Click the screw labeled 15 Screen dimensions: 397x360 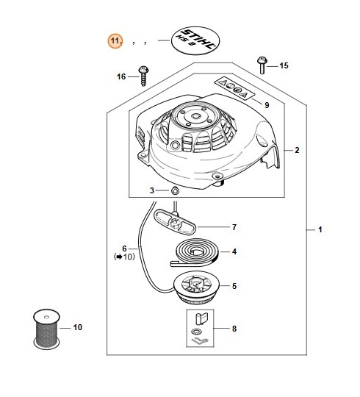260,64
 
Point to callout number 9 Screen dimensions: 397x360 266,105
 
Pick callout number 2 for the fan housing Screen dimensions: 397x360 296,150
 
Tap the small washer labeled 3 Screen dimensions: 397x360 176,191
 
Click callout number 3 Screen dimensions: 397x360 152,191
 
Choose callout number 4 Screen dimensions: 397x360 234,252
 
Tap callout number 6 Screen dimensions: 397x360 125,248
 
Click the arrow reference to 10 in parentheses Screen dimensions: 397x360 125,257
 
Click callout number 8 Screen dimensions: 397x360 234,329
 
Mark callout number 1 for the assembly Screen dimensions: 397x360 320,230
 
